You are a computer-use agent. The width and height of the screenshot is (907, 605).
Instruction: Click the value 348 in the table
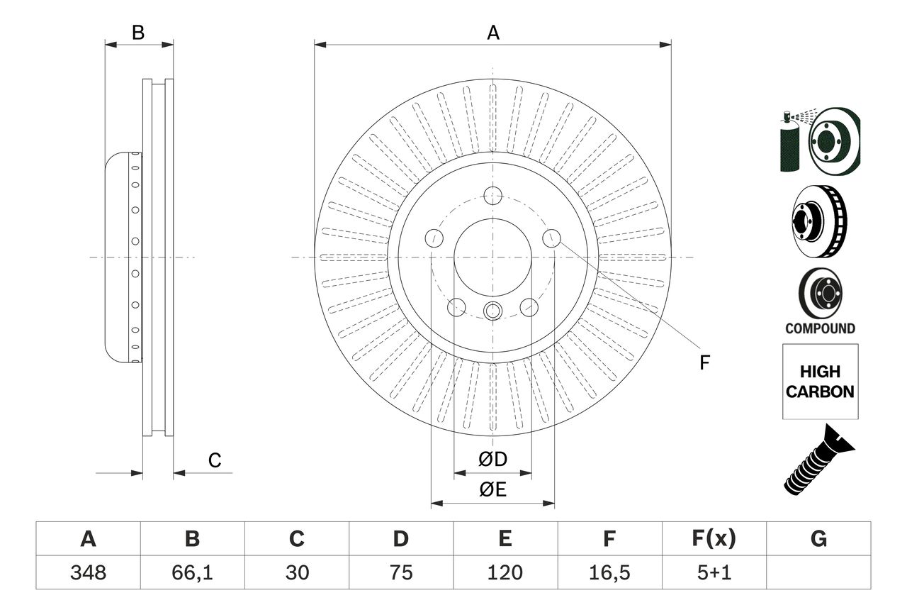click(x=88, y=572)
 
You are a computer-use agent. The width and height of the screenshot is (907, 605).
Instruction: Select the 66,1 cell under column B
click(x=192, y=572)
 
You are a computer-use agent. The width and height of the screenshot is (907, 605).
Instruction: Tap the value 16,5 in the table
click(x=609, y=572)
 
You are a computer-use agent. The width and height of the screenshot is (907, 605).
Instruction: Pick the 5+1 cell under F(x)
click(x=714, y=572)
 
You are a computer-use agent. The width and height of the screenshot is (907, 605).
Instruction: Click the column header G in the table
click(x=818, y=539)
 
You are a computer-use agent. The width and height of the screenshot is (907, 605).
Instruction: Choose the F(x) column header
click(x=714, y=539)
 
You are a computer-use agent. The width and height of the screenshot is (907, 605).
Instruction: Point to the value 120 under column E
click(x=505, y=572)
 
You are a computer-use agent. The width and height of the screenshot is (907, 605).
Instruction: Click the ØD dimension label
click(x=493, y=460)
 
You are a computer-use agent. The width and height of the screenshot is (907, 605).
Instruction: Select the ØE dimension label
click(x=493, y=490)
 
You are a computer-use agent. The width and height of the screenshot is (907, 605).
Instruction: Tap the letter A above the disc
click(x=493, y=33)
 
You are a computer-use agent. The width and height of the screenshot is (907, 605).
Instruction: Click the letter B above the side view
click(x=139, y=33)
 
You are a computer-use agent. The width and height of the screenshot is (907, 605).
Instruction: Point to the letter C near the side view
click(x=215, y=461)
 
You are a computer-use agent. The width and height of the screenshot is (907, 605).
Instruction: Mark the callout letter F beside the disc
click(x=704, y=363)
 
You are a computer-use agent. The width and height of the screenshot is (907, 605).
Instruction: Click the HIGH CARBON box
click(x=820, y=382)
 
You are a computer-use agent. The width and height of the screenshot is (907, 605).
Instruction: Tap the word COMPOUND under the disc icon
click(x=820, y=328)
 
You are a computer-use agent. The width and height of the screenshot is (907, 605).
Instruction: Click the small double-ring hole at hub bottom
click(x=492, y=310)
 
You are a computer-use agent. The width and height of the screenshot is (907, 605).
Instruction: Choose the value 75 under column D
click(x=400, y=572)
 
